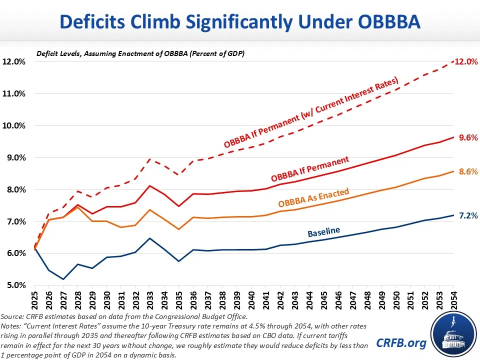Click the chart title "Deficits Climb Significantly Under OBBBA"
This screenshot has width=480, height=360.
(240, 22)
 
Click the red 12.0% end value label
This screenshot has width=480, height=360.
(466, 61)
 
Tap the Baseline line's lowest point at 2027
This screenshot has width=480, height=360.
(63, 279)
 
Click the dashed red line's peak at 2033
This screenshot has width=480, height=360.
(150, 158)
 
